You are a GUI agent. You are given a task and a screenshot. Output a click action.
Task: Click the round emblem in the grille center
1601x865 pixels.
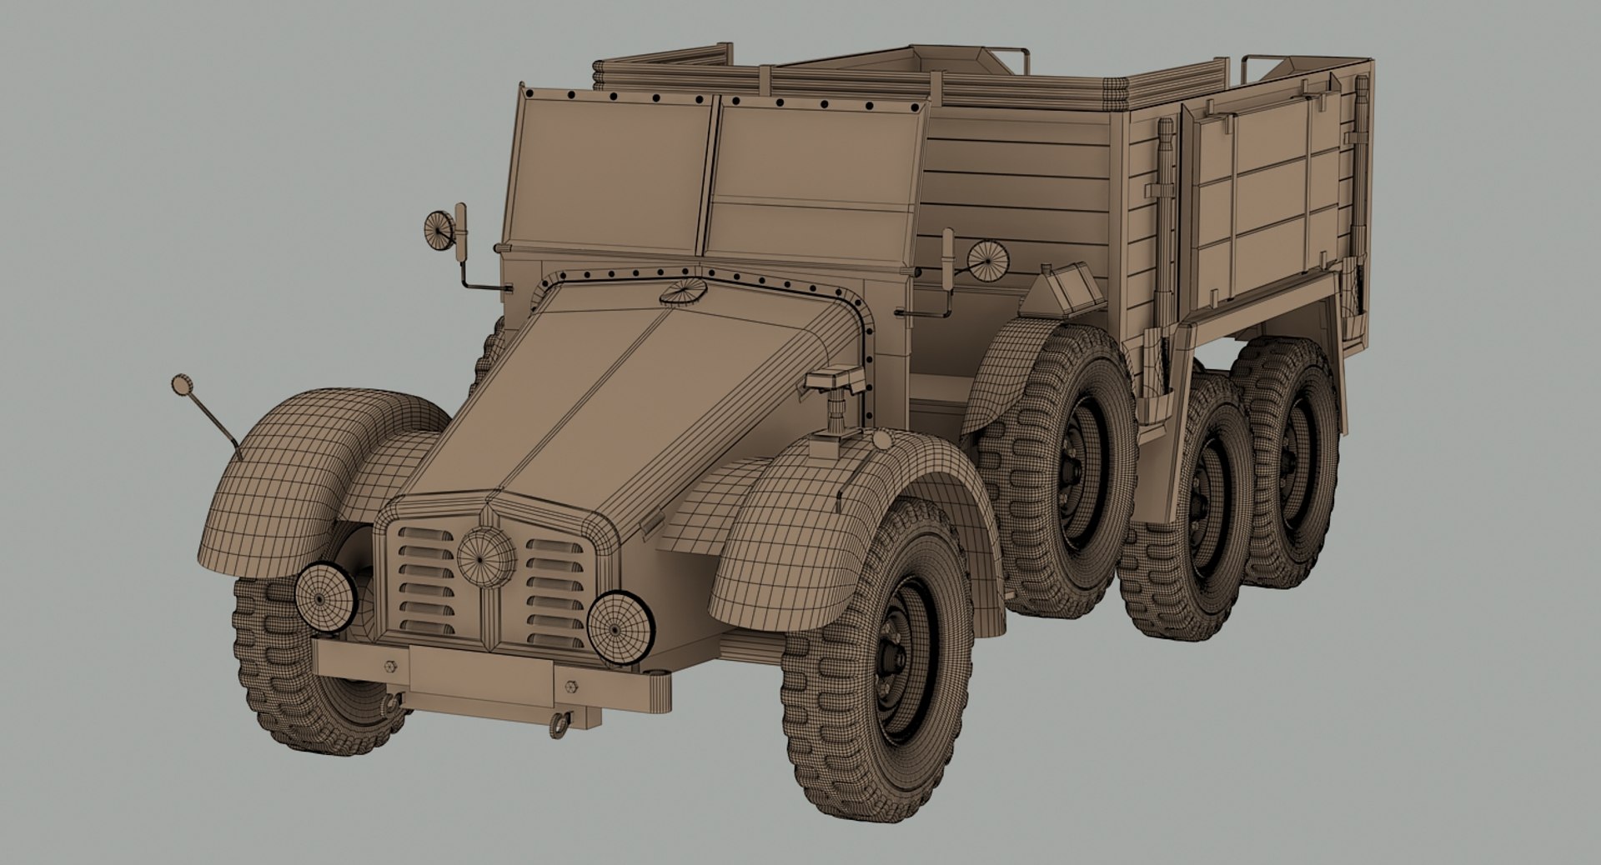pyautogui.click(x=486, y=556)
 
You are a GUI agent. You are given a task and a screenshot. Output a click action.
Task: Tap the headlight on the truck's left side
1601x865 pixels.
pyautogui.click(x=324, y=596)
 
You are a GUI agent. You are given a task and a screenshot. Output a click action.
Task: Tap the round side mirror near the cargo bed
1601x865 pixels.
pyautogui.click(x=988, y=259)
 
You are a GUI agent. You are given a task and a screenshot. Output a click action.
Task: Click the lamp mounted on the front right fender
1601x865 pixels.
pyautogui.click(x=834, y=385)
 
